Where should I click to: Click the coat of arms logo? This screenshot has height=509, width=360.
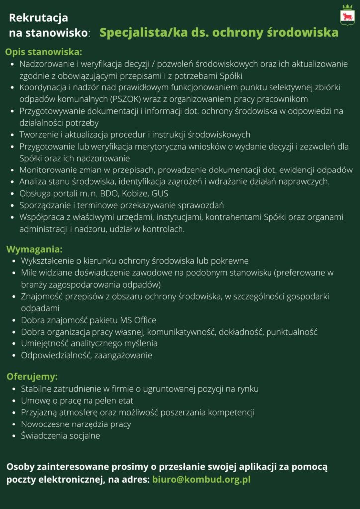(347, 15)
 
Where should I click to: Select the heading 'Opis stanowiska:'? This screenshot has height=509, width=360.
(44, 52)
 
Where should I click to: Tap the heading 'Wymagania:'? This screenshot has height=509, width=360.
(34, 249)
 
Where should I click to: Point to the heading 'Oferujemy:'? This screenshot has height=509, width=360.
(32, 376)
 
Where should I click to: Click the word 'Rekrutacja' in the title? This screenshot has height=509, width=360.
(38, 18)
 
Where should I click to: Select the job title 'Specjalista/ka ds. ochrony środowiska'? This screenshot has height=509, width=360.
(219, 33)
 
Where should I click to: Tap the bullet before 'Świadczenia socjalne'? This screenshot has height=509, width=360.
(14, 436)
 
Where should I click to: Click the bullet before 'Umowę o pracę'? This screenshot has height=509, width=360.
(14, 401)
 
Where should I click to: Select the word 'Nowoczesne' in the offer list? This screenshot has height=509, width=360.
(41, 424)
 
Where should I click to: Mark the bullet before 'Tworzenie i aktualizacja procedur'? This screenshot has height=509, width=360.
(13, 135)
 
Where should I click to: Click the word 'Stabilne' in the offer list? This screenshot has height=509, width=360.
(37, 388)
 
